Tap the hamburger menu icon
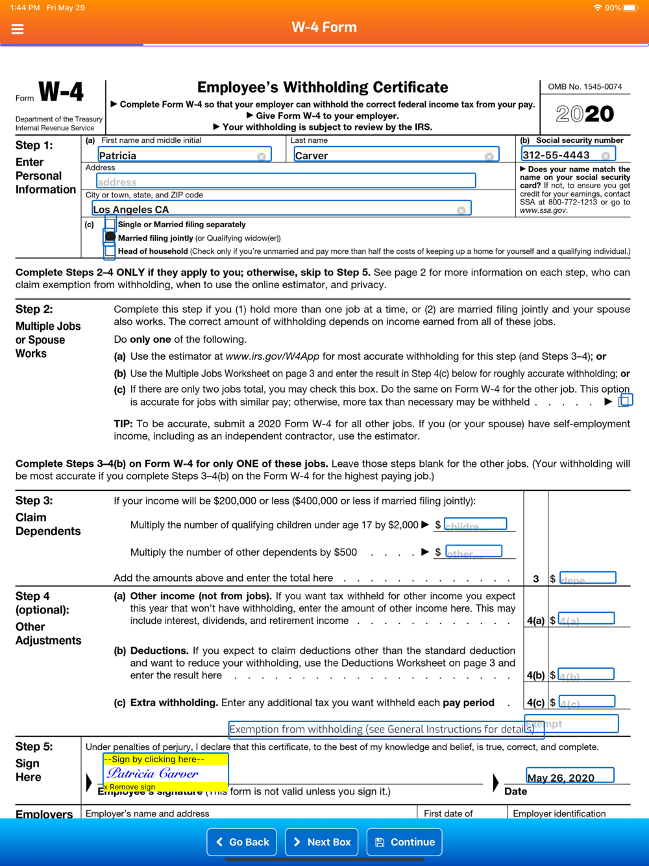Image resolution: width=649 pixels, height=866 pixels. click(x=18, y=29)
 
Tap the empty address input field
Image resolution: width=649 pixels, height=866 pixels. click(x=286, y=181)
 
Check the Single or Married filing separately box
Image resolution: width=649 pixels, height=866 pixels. click(x=110, y=225)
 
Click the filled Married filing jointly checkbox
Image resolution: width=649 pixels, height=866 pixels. click(x=110, y=238)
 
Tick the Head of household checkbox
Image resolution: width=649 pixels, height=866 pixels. click(x=110, y=251)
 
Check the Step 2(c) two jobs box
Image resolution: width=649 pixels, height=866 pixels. click(x=625, y=401)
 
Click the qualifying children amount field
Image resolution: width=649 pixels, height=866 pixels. click(x=475, y=525)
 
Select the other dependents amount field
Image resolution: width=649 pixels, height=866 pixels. click(x=473, y=552)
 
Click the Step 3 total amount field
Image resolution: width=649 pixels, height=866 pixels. click(x=587, y=578)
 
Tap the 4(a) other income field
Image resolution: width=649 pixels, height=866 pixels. click(x=586, y=619)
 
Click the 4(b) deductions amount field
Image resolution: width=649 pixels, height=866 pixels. click(x=586, y=674)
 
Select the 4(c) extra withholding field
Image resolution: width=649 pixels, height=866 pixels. click(x=587, y=702)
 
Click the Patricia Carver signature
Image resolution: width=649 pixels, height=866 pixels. click(x=154, y=773)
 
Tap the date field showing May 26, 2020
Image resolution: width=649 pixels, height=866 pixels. click(x=570, y=776)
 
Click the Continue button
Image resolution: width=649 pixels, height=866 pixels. click(x=404, y=842)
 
